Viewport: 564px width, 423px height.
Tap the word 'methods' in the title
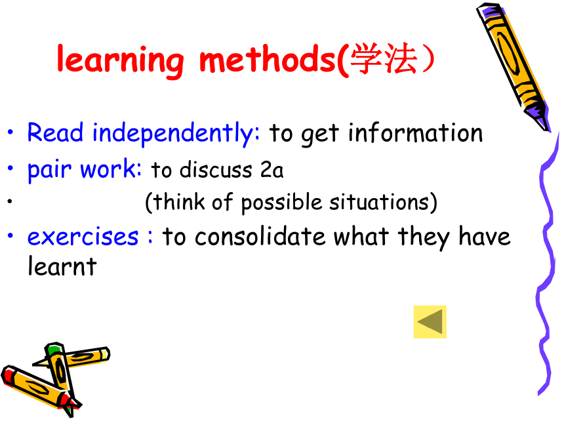(x=268, y=58)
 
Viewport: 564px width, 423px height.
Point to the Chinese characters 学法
(x=384, y=58)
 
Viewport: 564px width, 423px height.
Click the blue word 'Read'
(x=55, y=132)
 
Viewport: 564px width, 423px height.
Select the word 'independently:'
(x=176, y=134)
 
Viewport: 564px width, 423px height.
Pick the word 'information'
(x=415, y=132)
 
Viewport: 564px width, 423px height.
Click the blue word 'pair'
(x=50, y=170)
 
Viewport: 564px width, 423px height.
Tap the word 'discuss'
(x=216, y=169)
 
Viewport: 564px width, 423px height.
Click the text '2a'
(x=272, y=170)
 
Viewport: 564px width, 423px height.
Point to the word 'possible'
(x=281, y=203)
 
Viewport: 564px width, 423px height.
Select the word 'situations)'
(x=384, y=202)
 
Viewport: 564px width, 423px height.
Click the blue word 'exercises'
(x=83, y=237)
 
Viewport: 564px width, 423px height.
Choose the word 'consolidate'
(x=260, y=236)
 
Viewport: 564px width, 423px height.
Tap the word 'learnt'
(x=62, y=266)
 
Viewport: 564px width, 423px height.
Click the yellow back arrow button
(x=430, y=322)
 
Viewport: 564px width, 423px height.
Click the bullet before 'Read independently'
(x=10, y=132)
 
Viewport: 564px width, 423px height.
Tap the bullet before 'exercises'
(x=10, y=236)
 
